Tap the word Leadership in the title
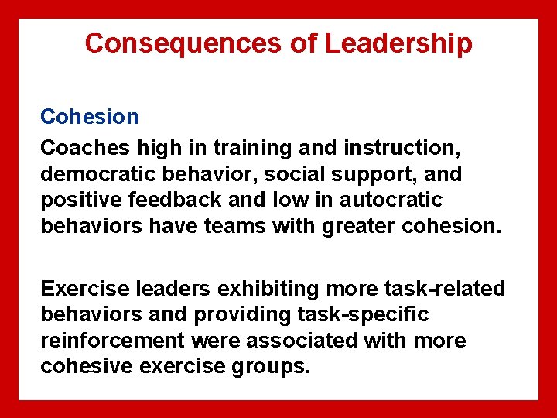tap(398, 43)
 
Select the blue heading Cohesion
tap(90, 117)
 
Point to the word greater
tap(378, 226)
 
